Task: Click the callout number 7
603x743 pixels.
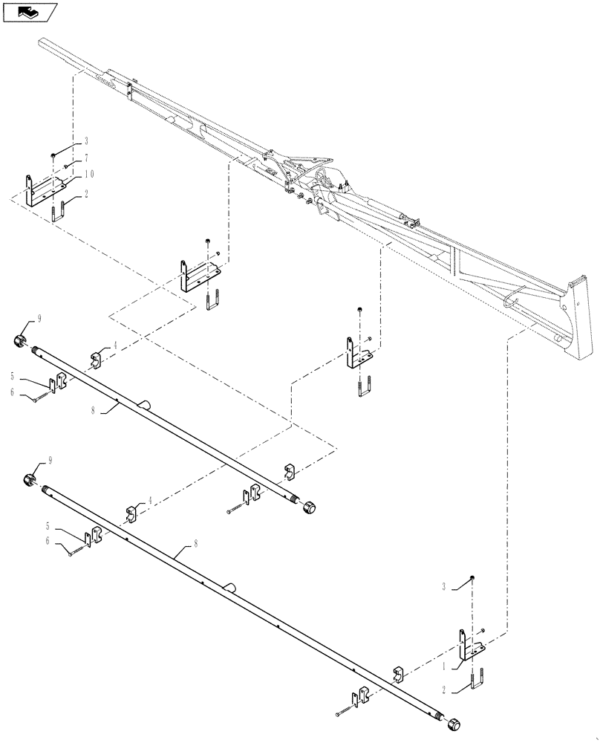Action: tap(86, 158)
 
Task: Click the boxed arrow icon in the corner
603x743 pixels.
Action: tap(29, 12)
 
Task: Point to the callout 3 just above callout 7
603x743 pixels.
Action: tap(86, 141)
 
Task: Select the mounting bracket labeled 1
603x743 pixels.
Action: tap(469, 645)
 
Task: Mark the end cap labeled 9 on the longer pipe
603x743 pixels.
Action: tap(30, 477)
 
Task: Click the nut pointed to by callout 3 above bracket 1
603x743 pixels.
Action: tap(474, 579)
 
